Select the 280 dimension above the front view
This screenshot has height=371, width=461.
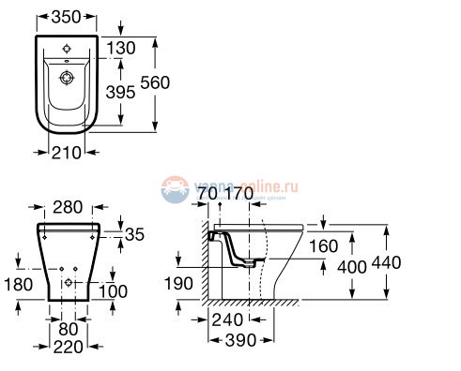click(x=69, y=207)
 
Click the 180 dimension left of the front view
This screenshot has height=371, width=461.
click(x=16, y=283)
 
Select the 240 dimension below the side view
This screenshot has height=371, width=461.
click(x=227, y=318)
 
